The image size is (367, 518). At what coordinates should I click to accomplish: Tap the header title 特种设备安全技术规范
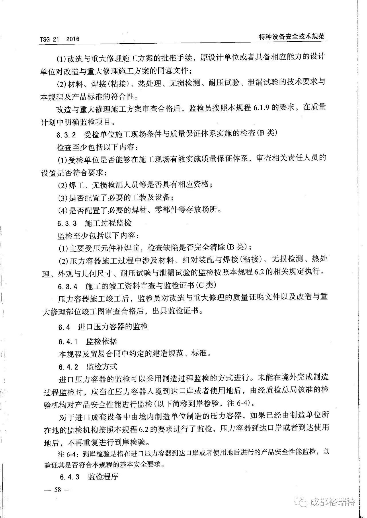(x=291, y=36)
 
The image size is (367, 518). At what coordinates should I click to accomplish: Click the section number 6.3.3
(x=67, y=223)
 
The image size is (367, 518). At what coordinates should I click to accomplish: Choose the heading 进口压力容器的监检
(x=113, y=327)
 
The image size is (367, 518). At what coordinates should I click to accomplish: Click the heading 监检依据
(x=101, y=341)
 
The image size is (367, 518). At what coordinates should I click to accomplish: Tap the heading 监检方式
(x=102, y=367)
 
